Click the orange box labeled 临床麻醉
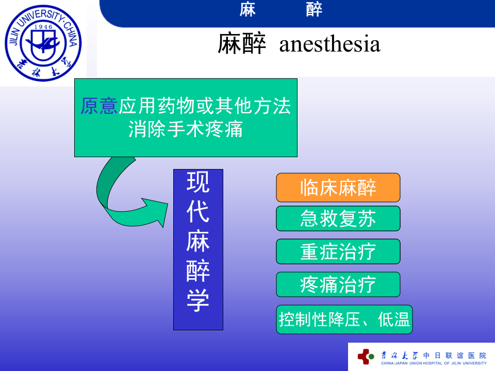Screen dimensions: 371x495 (x=338, y=188)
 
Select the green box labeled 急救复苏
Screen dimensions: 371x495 (x=338, y=218)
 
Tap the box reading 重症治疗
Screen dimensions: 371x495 (x=338, y=251)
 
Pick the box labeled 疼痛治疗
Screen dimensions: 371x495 (x=338, y=284)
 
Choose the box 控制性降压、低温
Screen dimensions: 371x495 (x=344, y=319)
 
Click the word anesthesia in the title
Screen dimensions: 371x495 (x=329, y=44)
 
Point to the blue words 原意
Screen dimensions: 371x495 (x=100, y=107)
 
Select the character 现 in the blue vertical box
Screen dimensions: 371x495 (x=198, y=182)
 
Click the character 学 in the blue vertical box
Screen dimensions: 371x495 (x=198, y=300)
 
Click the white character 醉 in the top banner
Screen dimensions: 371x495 (x=314, y=9)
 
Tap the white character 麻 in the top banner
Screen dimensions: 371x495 (x=247, y=9)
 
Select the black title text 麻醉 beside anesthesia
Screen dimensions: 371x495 (x=241, y=44)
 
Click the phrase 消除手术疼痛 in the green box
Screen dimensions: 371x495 (x=186, y=129)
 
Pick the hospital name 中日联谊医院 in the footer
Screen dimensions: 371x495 (x=454, y=355)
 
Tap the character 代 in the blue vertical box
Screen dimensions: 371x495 (x=198, y=211)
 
